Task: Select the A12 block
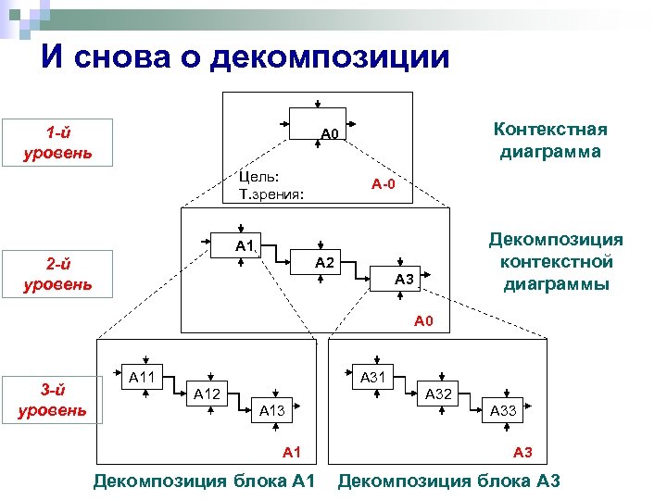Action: click(207, 394)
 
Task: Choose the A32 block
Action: click(437, 394)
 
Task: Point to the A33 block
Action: click(503, 411)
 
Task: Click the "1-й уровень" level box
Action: click(57, 142)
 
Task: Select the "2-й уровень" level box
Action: click(57, 273)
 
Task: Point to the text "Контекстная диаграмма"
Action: click(549, 139)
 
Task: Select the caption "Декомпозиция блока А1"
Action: click(205, 481)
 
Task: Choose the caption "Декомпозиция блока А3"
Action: click(448, 481)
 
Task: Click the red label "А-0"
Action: click(384, 184)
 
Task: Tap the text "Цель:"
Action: click(258, 177)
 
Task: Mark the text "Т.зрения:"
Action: click(272, 194)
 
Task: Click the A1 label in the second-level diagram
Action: click(244, 245)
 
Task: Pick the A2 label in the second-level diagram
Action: click(324, 263)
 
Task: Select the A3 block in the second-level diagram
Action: click(402, 280)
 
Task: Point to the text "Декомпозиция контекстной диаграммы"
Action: click(556, 262)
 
